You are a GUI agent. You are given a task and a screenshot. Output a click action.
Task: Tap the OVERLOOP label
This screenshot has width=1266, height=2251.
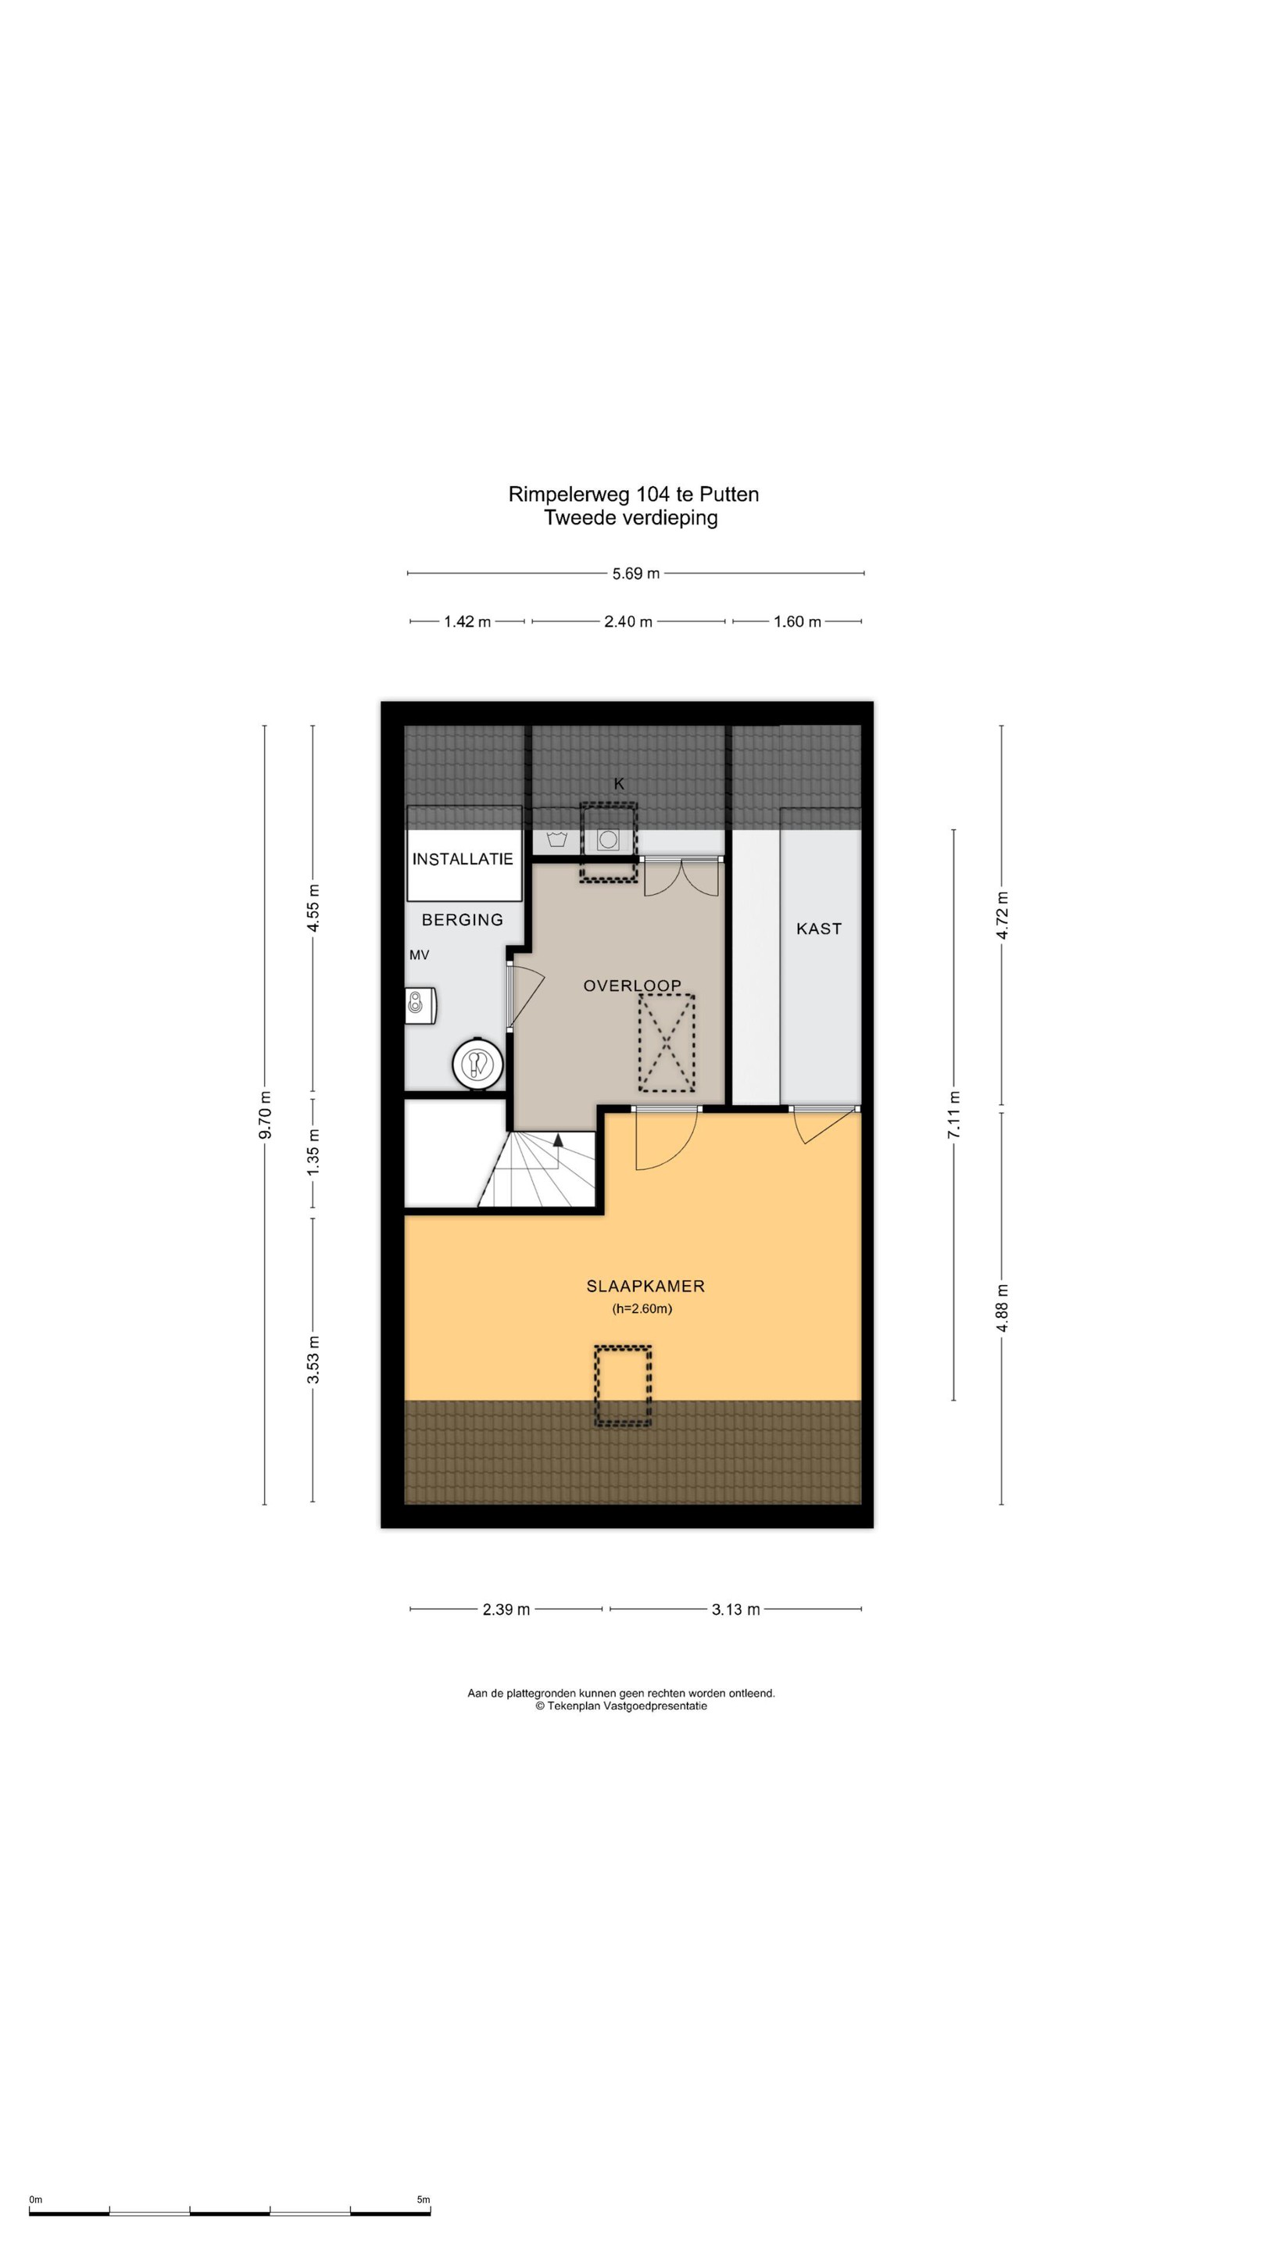(x=631, y=986)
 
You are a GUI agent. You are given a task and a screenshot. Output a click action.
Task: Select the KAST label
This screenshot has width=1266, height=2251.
(x=819, y=929)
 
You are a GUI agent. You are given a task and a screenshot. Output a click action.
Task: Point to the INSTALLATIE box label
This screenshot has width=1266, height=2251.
(x=462, y=859)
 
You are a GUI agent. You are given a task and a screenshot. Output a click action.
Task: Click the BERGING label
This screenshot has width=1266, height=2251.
(x=462, y=919)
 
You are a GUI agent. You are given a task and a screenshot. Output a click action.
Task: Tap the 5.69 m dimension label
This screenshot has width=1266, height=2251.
(x=636, y=574)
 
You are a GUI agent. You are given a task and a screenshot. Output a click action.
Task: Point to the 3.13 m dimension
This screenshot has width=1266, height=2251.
(x=735, y=1609)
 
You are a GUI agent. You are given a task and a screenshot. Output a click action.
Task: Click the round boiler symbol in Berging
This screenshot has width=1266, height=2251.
(x=477, y=1065)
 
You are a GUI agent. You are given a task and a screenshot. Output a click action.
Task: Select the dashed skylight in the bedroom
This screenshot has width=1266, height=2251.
(x=623, y=1386)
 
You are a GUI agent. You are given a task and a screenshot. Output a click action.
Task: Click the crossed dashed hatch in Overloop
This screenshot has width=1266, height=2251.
(x=667, y=1043)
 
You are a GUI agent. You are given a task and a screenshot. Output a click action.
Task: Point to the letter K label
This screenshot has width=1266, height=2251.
(x=620, y=784)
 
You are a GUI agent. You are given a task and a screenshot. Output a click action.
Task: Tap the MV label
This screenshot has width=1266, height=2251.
(x=420, y=955)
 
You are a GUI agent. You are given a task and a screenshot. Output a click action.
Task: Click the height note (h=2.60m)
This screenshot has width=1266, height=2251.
(x=642, y=1309)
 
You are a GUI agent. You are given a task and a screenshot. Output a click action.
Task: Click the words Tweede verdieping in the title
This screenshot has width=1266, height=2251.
(x=631, y=517)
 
